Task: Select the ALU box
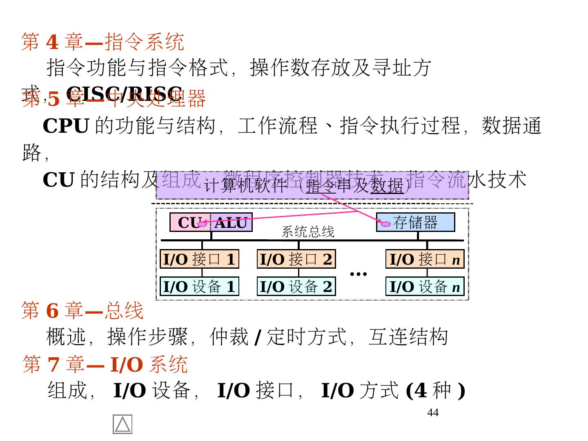click(x=231, y=223)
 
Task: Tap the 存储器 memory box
click(x=415, y=223)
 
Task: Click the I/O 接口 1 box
click(x=199, y=259)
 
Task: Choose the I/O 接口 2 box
click(x=296, y=259)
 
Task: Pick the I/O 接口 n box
click(x=425, y=259)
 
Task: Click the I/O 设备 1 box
click(x=199, y=287)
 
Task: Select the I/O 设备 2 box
click(x=296, y=287)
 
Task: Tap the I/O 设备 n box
click(x=425, y=287)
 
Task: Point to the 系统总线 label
click(x=308, y=232)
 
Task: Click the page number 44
click(x=433, y=413)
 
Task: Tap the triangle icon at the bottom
click(x=122, y=424)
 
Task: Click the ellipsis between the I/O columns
click(x=359, y=274)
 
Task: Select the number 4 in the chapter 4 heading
click(x=52, y=42)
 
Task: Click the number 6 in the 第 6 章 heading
click(x=52, y=311)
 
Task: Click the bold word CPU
click(x=66, y=126)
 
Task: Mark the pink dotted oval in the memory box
click(x=385, y=224)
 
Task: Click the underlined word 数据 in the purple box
click(x=387, y=186)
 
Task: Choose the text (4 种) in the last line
click(x=435, y=390)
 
